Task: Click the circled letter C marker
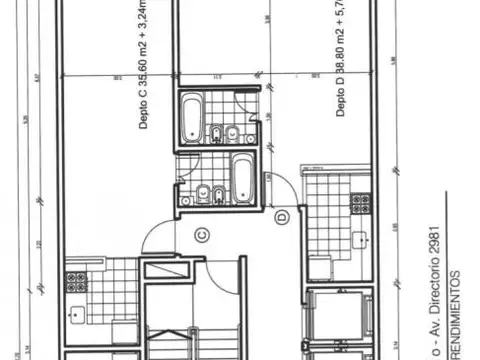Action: click(201, 235)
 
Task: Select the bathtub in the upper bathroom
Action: click(190, 117)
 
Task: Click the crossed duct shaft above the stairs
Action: click(164, 269)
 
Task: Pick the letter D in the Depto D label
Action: click(342, 99)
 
